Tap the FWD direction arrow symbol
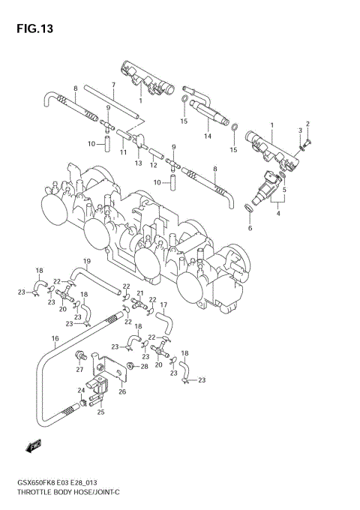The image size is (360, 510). (x=34, y=448)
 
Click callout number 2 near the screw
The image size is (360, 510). (x=307, y=123)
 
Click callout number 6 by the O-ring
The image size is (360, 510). (x=250, y=227)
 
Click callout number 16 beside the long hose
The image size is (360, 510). (x=55, y=339)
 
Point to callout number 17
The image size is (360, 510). (x=163, y=304)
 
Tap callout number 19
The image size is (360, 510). (x=87, y=261)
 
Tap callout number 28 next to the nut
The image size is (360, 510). (x=145, y=366)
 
